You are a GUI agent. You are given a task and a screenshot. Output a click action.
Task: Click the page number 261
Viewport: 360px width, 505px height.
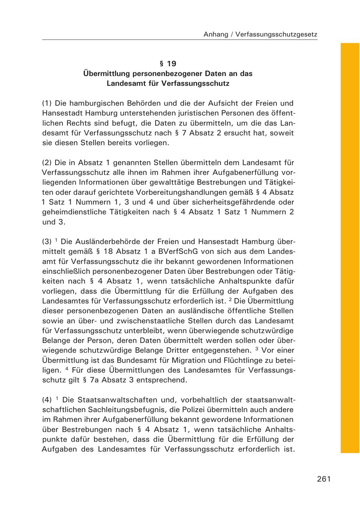pyautogui.click(x=324, y=479)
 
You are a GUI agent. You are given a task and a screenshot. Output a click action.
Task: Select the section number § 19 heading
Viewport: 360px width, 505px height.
pyautogui.click(x=168, y=63)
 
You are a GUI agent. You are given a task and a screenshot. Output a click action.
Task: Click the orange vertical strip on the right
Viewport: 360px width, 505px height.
pyautogui.click(x=350, y=248)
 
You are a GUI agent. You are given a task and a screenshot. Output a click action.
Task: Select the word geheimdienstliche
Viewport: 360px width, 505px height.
pyautogui.click(x=75, y=212)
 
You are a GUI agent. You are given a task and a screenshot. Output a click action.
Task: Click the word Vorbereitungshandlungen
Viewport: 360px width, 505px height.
pyautogui.click(x=158, y=192)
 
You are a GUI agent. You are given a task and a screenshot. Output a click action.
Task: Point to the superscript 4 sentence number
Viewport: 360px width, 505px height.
pyautogui.click(x=68, y=368)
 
